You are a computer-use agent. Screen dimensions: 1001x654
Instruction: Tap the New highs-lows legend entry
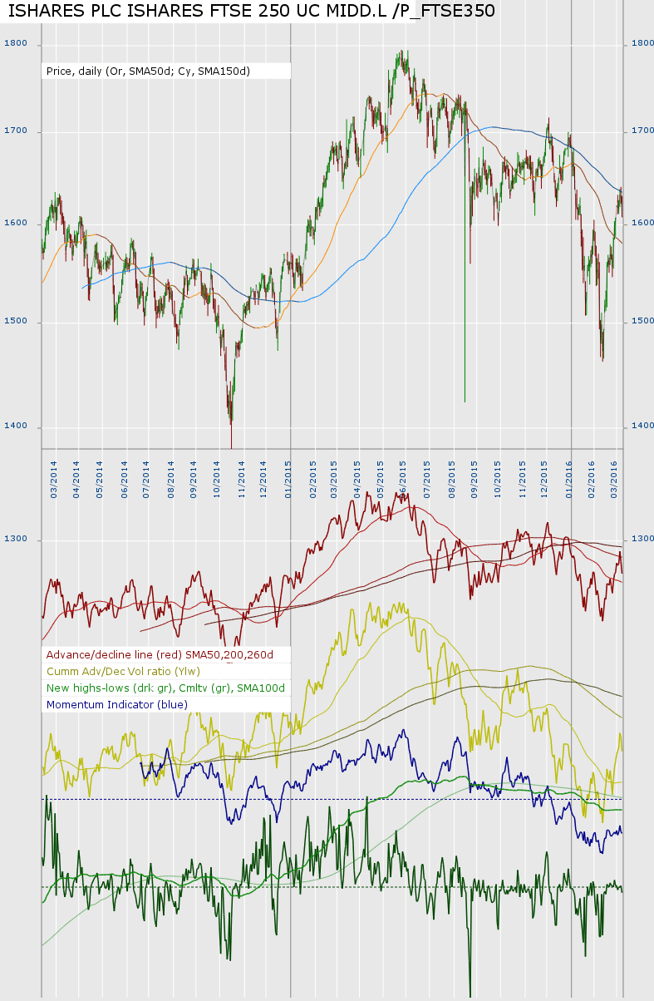pyautogui.click(x=165, y=688)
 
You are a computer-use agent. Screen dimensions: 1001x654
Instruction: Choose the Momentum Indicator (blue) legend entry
pyautogui.click(x=117, y=705)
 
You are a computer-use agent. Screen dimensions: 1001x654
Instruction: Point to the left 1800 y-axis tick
pyautogui.click(x=16, y=43)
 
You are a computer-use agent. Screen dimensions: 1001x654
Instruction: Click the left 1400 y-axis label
pyautogui.click(x=16, y=427)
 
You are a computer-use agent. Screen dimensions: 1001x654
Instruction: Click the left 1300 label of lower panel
pyautogui.click(x=16, y=540)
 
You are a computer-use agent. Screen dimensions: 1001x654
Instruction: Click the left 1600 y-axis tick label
pyautogui.click(x=16, y=223)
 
